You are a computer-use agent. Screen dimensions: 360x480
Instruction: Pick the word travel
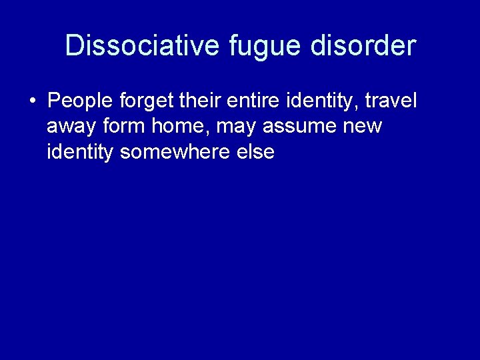[x=391, y=101]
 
